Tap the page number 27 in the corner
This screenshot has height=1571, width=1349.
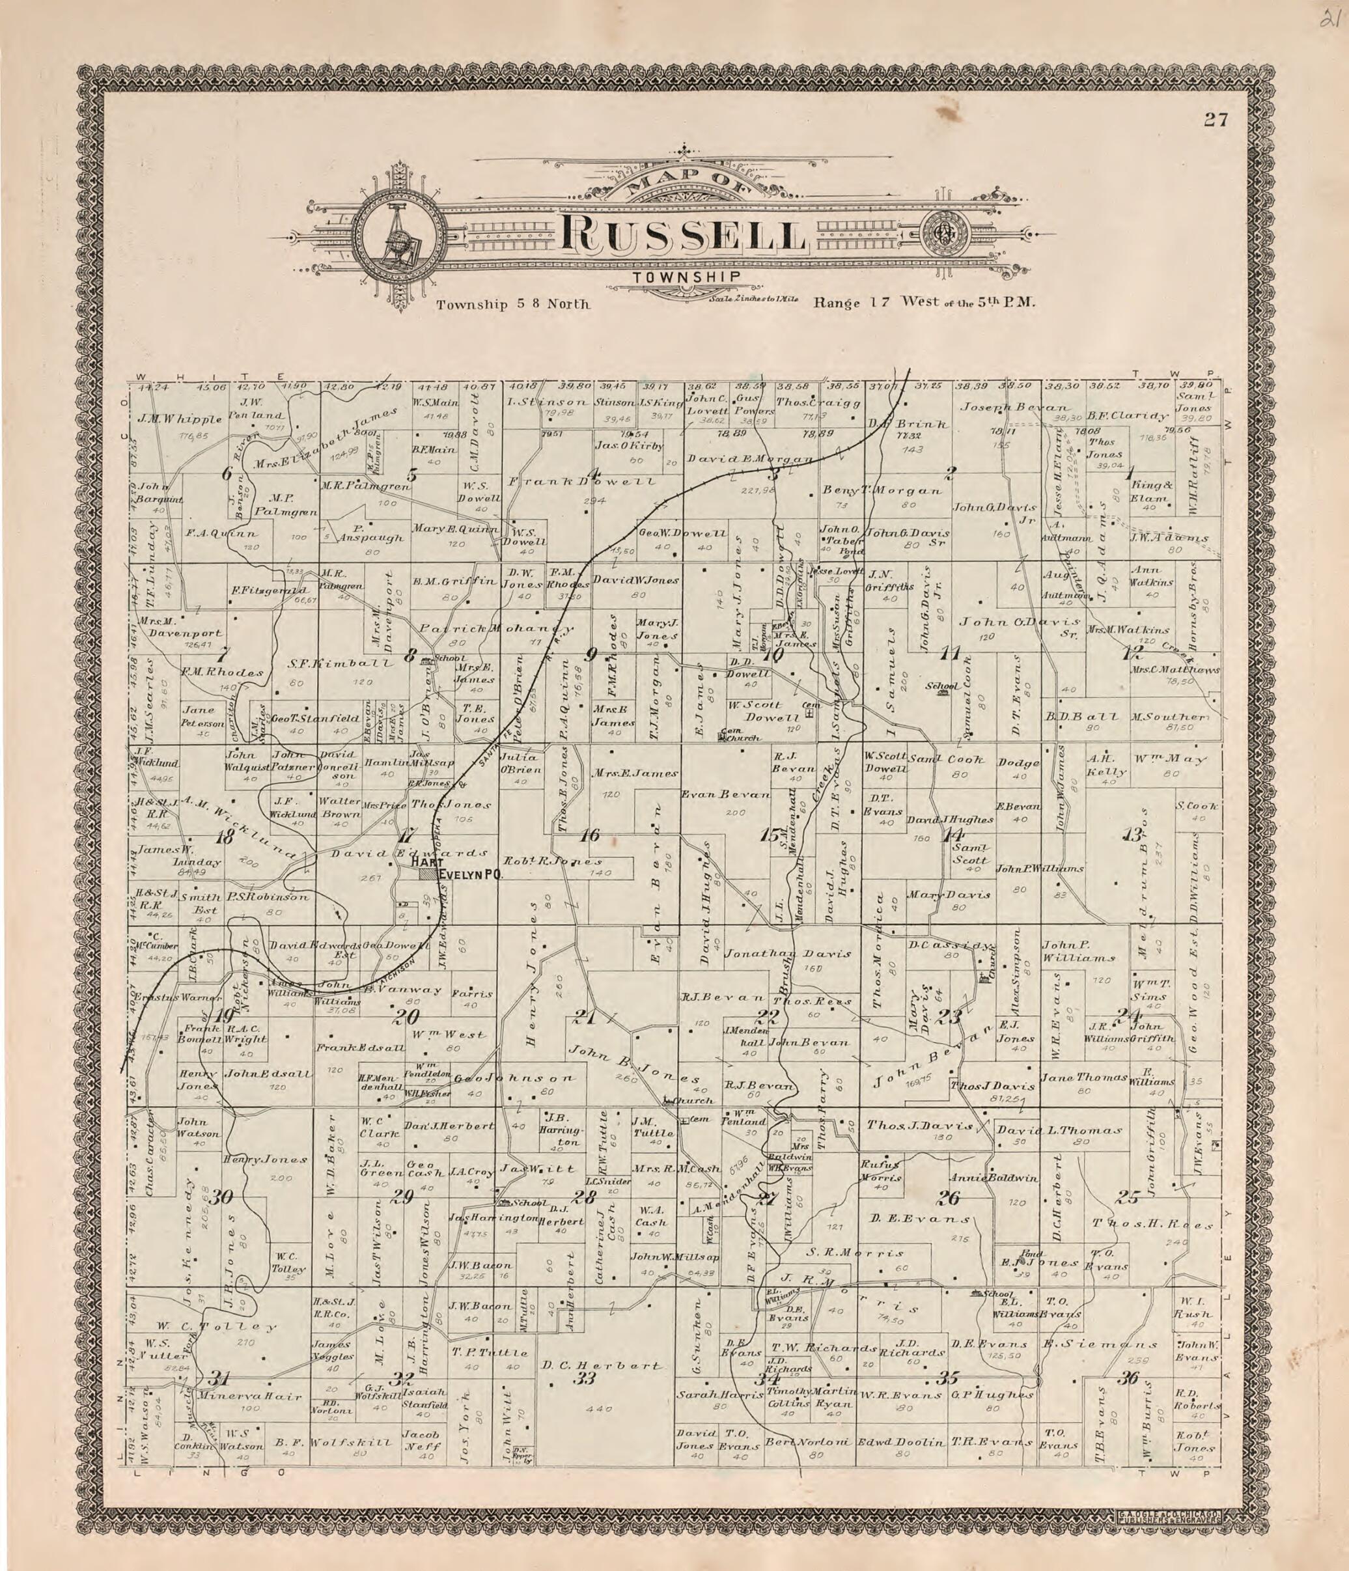coord(1214,120)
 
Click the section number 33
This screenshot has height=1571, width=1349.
coord(583,1378)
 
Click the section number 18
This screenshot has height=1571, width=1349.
coord(223,837)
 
